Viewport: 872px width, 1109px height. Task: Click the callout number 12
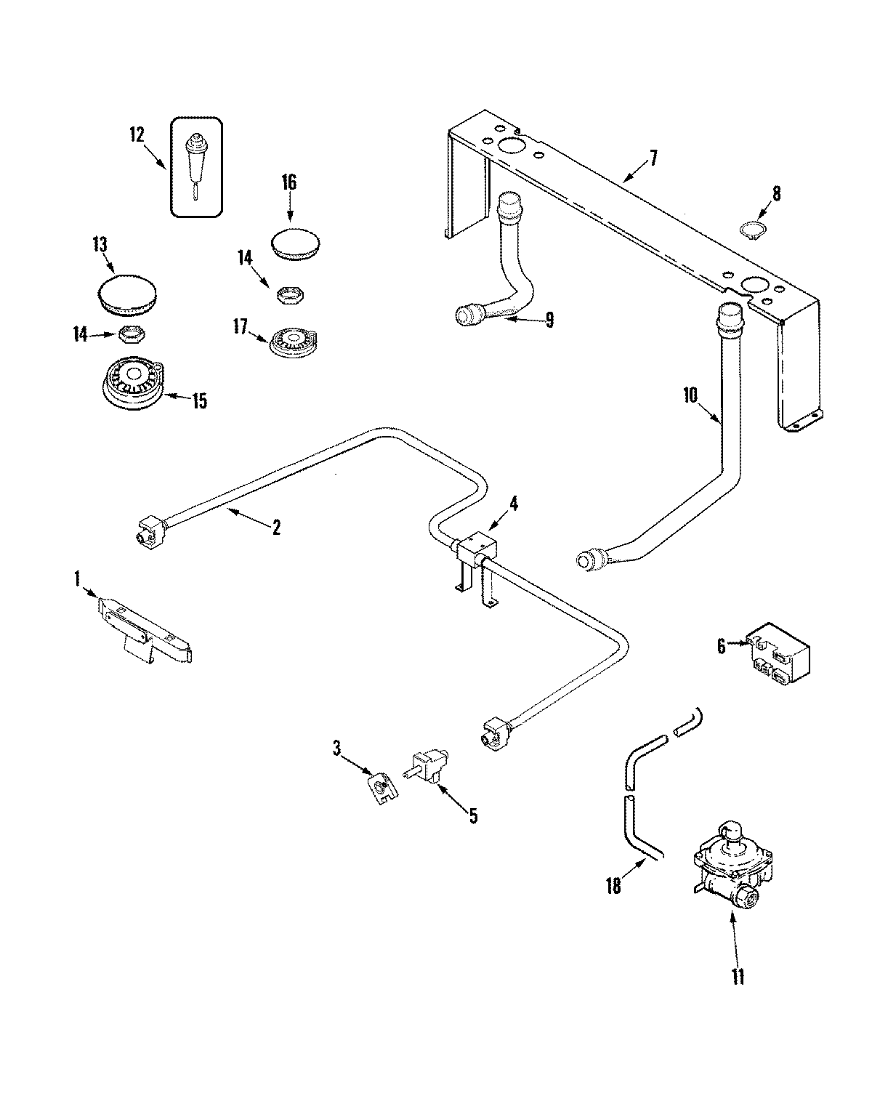[x=137, y=134]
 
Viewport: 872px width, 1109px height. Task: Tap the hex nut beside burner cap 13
[x=130, y=334]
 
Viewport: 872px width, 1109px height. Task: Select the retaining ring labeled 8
[x=750, y=230]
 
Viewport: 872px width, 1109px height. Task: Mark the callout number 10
[x=690, y=395]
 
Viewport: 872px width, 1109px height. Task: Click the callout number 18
[x=614, y=887]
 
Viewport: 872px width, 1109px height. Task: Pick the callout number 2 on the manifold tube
[x=276, y=528]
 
